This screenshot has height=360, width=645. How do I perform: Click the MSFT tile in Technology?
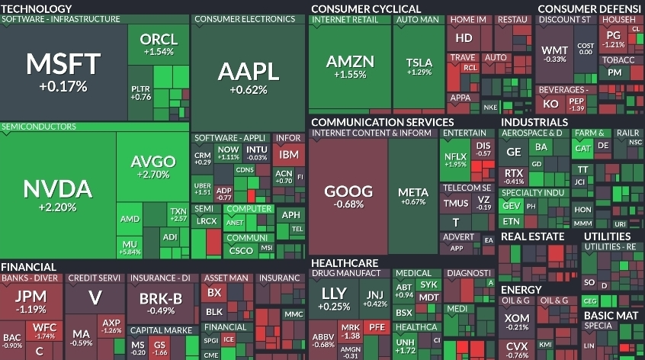tap(63, 70)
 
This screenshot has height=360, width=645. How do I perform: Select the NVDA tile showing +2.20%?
tap(58, 194)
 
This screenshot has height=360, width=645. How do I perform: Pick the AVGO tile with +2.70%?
tap(153, 167)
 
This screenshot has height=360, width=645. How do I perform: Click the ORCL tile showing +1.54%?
tap(159, 44)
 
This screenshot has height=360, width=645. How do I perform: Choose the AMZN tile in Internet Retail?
tap(350, 65)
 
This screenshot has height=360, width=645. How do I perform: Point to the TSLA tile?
tap(419, 65)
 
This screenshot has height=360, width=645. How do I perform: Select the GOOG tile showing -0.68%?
tap(348, 196)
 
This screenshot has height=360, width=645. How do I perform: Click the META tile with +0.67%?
tap(412, 196)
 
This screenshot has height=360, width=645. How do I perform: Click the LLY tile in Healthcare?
tap(335, 298)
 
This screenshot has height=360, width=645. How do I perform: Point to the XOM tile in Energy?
tap(517, 321)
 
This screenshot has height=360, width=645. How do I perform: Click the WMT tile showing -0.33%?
tap(554, 54)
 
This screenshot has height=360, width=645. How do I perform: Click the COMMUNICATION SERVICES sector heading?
tap(382, 121)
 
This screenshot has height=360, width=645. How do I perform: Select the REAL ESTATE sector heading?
tap(532, 236)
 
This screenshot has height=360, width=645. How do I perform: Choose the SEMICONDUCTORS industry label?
tap(38, 127)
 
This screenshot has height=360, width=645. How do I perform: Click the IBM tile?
tap(289, 154)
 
